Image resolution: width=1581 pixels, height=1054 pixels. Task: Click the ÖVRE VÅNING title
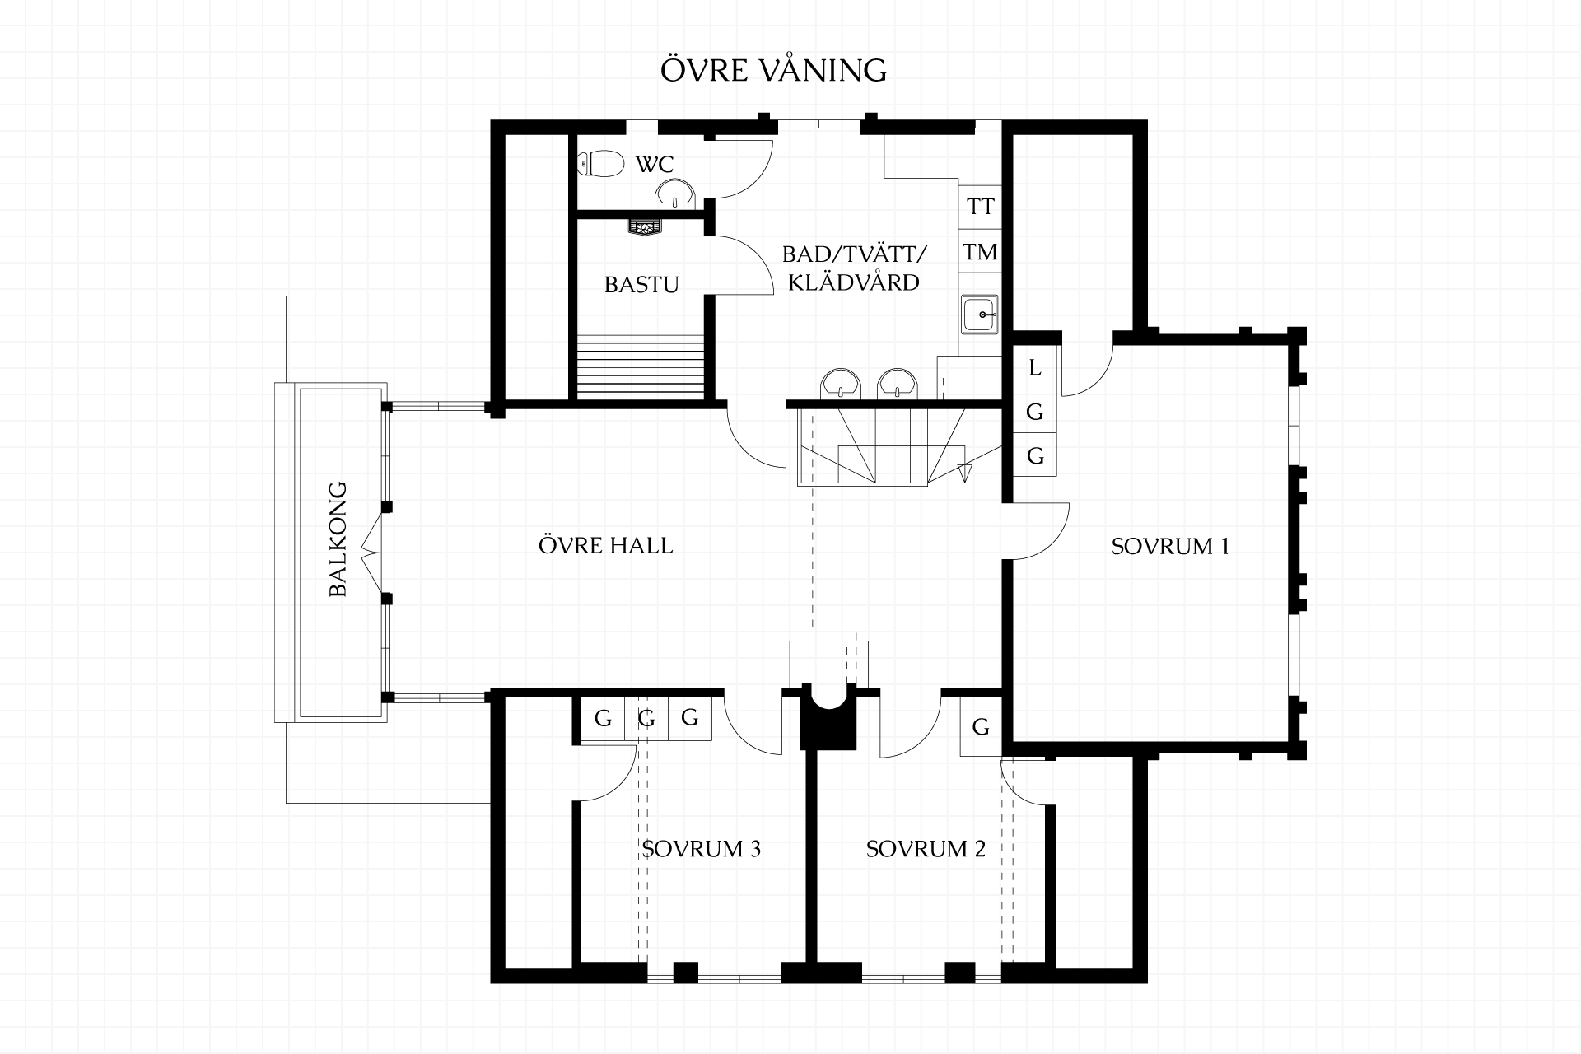click(773, 70)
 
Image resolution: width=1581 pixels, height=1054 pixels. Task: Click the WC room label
click(655, 164)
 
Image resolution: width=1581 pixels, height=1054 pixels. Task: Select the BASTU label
click(641, 285)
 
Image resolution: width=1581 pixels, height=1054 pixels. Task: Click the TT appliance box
click(980, 206)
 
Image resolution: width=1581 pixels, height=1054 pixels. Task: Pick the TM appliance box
click(980, 252)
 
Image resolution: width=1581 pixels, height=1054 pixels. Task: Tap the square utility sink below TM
click(980, 315)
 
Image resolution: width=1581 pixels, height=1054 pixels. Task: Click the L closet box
click(1035, 367)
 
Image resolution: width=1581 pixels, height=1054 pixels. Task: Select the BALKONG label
click(338, 539)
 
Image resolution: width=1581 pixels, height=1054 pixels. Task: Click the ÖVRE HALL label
click(605, 545)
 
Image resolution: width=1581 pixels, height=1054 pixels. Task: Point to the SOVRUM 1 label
click(1170, 547)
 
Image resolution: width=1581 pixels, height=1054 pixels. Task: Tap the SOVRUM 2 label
click(926, 849)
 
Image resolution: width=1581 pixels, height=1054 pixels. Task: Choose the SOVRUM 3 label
click(701, 849)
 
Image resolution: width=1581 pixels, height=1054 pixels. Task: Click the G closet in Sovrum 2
click(981, 727)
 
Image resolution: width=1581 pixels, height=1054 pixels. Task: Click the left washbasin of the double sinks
click(841, 385)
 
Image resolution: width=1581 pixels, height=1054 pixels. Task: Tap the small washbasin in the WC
click(675, 197)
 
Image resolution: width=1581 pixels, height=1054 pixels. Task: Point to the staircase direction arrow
click(965, 472)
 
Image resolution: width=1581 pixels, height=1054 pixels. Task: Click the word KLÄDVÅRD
click(853, 282)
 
